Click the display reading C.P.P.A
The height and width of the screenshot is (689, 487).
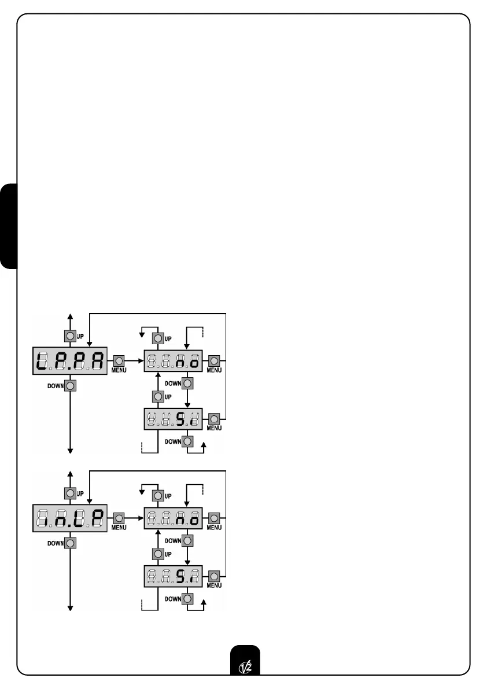pyautogui.click(x=70, y=361)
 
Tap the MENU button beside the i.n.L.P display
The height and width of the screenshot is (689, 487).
pyautogui.click(x=118, y=518)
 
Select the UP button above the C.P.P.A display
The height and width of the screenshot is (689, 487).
pyautogui.click(x=70, y=336)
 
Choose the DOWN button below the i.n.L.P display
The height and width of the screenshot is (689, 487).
pyautogui.click(x=70, y=543)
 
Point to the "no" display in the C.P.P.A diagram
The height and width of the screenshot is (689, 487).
pyautogui.click(x=173, y=361)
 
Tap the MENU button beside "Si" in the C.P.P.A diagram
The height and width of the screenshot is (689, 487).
pyautogui.click(x=214, y=418)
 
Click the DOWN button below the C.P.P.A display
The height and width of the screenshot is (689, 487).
pyautogui.click(x=70, y=385)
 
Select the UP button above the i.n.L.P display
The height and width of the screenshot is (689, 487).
pyautogui.click(x=70, y=493)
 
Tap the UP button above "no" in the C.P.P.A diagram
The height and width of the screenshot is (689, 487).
pyautogui.click(x=156, y=338)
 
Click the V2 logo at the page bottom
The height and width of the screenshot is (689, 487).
pyautogui.click(x=244, y=664)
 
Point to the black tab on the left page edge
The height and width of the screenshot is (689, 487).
pyautogui.click(x=9, y=226)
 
